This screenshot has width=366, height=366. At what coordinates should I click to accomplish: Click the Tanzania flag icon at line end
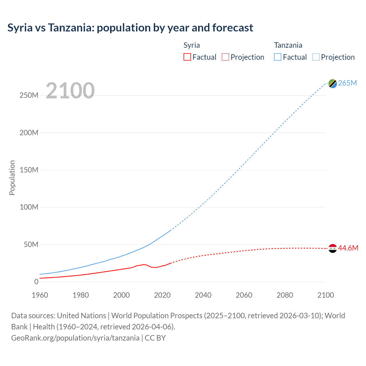click(x=333, y=83)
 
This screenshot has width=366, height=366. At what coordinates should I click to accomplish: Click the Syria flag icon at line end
click(x=333, y=248)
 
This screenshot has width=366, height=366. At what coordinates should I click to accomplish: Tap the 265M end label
click(x=347, y=83)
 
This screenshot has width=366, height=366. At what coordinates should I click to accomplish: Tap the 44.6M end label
click(x=348, y=248)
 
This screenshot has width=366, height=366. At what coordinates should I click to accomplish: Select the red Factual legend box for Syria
click(x=187, y=57)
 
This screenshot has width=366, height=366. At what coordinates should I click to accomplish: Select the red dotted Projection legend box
click(x=225, y=57)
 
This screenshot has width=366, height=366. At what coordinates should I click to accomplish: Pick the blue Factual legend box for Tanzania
click(x=278, y=57)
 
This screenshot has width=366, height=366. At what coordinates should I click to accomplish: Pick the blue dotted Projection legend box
click(x=316, y=57)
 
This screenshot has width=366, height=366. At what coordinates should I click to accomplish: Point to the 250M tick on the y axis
click(x=29, y=95)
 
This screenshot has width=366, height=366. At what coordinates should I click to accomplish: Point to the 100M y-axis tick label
click(x=29, y=207)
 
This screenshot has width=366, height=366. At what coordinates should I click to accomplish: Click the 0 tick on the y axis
click(x=36, y=282)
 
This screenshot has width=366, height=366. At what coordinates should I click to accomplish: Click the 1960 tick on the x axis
click(x=40, y=295)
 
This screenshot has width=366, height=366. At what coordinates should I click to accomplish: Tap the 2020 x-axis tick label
click(x=162, y=295)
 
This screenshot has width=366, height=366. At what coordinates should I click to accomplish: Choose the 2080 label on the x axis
click(x=285, y=295)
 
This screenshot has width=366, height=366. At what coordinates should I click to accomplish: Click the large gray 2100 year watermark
click(x=70, y=90)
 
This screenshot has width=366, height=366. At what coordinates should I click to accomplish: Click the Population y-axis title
click(x=12, y=178)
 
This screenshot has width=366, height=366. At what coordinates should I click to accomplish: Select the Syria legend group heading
click(x=192, y=45)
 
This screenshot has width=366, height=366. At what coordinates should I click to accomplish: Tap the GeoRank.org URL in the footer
click(x=75, y=338)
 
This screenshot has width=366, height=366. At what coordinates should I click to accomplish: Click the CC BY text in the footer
click(x=155, y=338)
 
